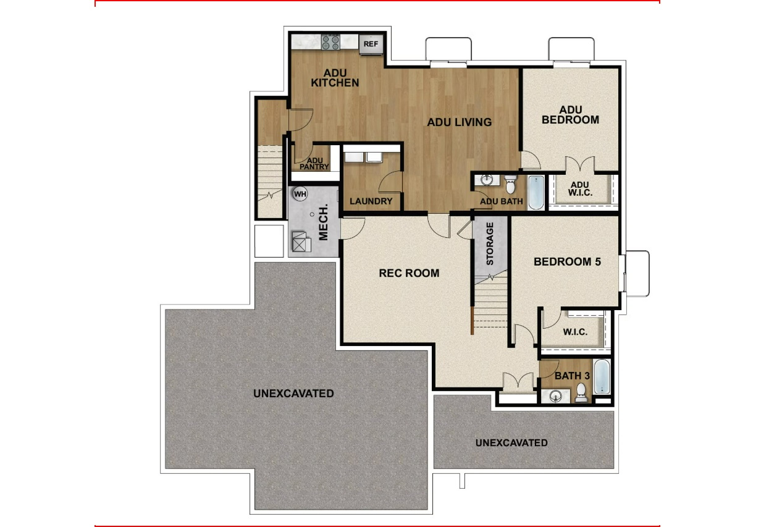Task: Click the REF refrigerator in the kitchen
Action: [371, 44]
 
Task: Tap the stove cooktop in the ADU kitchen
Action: [330, 42]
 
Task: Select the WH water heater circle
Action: [300, 194]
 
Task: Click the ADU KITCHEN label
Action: [335, 78]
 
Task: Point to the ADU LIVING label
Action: [460, 122]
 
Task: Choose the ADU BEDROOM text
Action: [570, 115]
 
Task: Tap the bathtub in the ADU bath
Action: [536, 192]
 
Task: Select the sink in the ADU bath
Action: [486, 180]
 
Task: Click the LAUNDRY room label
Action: [371, 201]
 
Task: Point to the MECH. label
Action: [323, 227]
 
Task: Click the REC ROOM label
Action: [409, 273]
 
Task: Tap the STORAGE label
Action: [490, 243]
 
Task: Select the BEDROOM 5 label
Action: [567, 262]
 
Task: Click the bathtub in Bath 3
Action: [602, 377]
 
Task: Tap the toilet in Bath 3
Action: [581, 392]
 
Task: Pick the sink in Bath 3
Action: [558, 396]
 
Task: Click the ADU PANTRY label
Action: [314, 163]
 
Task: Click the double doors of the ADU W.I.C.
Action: [581, 165]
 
